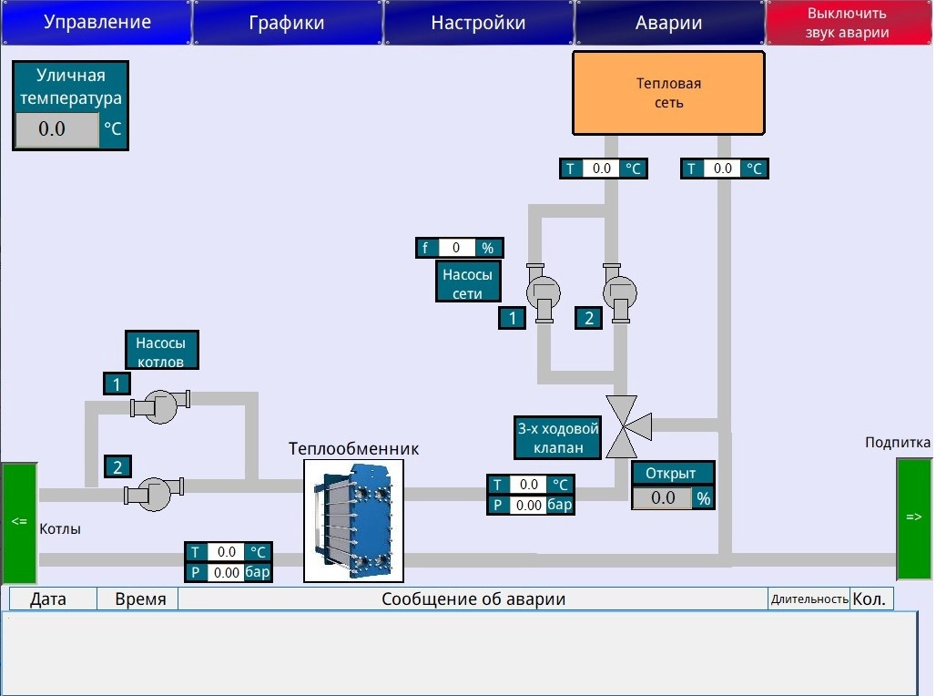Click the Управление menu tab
coord(97,22)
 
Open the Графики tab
coord(287,22)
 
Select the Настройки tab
coord(478,22)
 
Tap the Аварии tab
coord(669,22)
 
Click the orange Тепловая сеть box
coord(668,93)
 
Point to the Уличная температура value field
coord(56,129)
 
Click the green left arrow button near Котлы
coord(20,522)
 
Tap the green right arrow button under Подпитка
coord(914,518)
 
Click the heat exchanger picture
coord(354,520)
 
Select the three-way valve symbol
coord(626,426)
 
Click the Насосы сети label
coord(468,284)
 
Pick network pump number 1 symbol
coord(543,292)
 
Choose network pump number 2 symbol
coord(620,292)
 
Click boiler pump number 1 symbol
coord(160,407)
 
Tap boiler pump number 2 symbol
coord(154,494)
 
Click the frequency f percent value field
coord(457,247)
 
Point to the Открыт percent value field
coord(663,498)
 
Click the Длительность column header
coord(809,599)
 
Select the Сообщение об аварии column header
coord(473,599)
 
